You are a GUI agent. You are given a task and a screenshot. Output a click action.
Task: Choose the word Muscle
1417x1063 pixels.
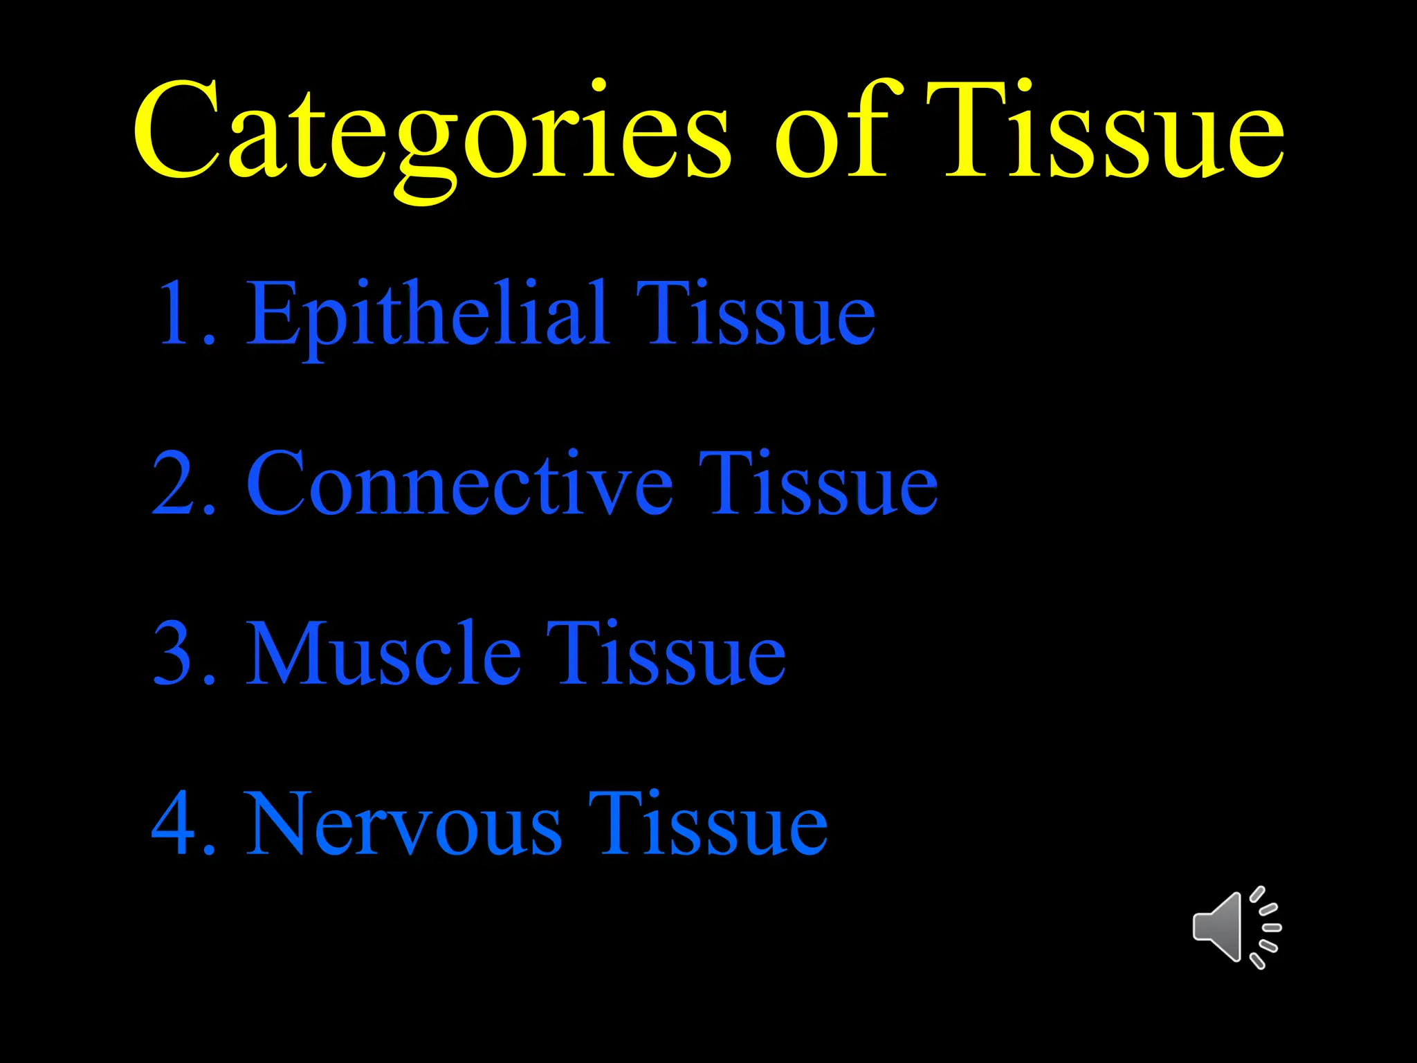384,653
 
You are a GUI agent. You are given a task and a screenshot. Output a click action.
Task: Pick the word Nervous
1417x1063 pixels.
405,824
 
